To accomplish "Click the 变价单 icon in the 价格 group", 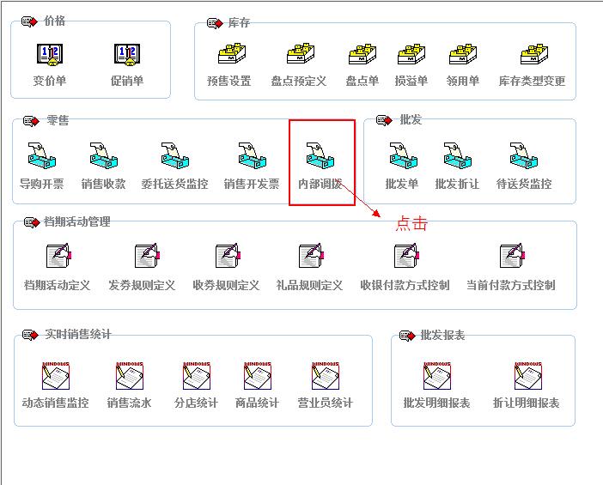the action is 50,56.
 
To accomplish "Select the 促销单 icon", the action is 127,56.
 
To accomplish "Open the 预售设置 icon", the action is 228,56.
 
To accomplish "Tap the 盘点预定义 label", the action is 299,82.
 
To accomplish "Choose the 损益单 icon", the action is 411,56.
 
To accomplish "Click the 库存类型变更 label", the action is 533,82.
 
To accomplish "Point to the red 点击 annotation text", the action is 411,224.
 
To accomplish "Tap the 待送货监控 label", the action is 524,184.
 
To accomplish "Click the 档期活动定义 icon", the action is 58,257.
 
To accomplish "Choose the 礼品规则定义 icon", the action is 310,257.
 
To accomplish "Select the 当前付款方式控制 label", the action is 511,285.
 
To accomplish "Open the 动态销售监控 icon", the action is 56,375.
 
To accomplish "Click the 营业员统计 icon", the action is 326,375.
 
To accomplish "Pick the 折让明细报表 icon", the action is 527,375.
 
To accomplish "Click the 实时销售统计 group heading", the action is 78,335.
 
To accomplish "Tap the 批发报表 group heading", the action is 442,336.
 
